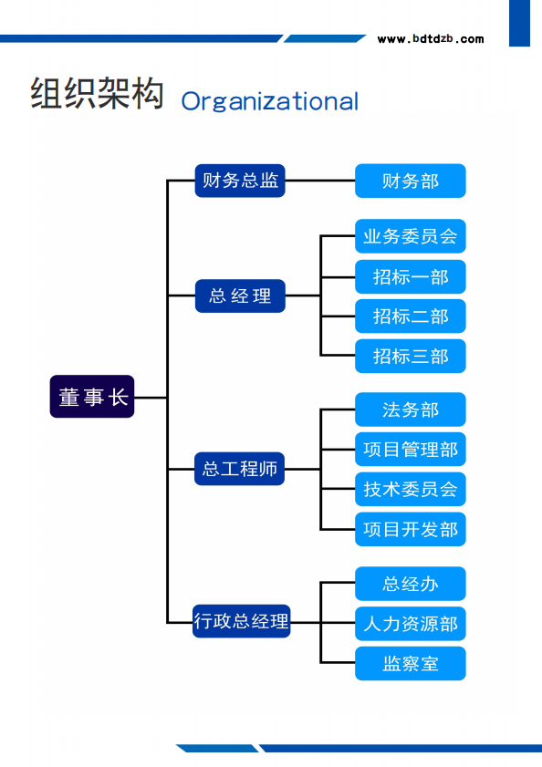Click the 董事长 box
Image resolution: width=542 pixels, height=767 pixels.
coord(92,397)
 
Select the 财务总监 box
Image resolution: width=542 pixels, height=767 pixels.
coord(240,181)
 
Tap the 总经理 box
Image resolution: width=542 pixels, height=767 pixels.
coord(240,295)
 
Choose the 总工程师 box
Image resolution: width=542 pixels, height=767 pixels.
coord(240,469)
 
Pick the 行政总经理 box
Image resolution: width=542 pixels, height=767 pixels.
coord(241,621)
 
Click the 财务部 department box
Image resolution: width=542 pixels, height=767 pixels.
coord(410,181)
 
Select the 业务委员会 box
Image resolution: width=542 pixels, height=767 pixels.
coord(410,236)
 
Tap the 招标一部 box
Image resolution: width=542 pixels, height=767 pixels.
coord(410,276)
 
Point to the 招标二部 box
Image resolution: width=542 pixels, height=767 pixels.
coord(410,316)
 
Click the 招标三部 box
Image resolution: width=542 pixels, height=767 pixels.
coord(410,356)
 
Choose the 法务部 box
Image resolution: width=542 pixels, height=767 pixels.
coord(410,409)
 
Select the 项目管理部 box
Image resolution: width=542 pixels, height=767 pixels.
coord(410,450)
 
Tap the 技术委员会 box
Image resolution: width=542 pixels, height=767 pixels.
coord(410,489)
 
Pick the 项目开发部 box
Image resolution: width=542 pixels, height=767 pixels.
coord(410,529)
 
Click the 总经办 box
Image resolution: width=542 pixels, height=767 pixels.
coord(410,584)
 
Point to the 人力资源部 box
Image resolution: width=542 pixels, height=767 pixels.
coord(410,624)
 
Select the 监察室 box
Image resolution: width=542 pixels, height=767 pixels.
coord(410,663)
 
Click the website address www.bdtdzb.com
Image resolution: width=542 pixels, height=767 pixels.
coord(431,39)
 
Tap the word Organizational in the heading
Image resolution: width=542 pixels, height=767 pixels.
coord(270,100)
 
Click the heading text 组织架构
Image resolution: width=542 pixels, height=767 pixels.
coord(97,95)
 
